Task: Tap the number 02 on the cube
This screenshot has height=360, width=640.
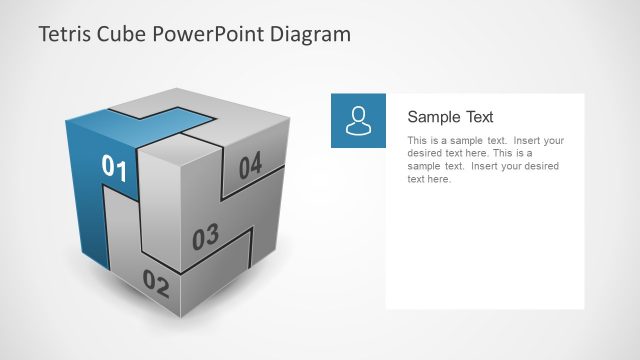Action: click(x=156, y=283)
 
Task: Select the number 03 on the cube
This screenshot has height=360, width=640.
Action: click(x=205, y=238)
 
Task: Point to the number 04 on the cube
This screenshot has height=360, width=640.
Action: click(x=249, y=164)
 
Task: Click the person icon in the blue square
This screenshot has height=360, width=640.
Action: click(x=358, y=120)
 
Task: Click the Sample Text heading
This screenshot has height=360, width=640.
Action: click(x=450, y=117)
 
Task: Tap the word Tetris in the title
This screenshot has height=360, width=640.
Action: click(x=65, y=35)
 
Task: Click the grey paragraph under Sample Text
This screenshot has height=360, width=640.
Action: click(x=485, y=160)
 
